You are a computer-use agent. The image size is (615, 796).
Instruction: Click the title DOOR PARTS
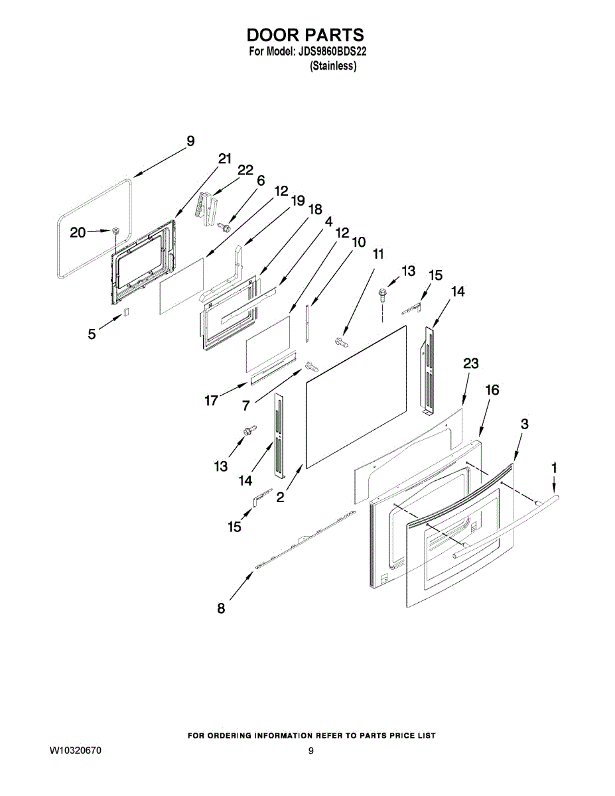[x=306, y=34]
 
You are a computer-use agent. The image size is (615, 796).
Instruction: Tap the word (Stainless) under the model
[x=334, y=66]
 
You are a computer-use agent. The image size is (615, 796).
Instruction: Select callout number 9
[x=190, y=141]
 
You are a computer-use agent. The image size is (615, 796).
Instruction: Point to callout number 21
[x=225, y=159]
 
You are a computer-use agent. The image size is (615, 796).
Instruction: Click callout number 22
[x=245, y=170]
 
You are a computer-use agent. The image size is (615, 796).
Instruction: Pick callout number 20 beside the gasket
[x=78, y=232]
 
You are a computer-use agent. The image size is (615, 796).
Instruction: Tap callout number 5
[x=92, y=334]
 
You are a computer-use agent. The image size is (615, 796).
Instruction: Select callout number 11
[x=378, y=254]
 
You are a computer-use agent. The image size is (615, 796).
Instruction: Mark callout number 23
[x=471, y=364]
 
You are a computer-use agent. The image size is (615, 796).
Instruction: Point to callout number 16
[x=492, y=390]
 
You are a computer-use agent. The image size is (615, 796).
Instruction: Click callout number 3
[x=524, y=425]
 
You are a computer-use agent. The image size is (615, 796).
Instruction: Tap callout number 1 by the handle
[x=555, y=468]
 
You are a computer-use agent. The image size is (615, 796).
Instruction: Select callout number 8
[x=221, y=608]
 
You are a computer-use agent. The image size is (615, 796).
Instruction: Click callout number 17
[x=211, y=401]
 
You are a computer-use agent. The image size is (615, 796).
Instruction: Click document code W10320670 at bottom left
[x=76, y=752]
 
